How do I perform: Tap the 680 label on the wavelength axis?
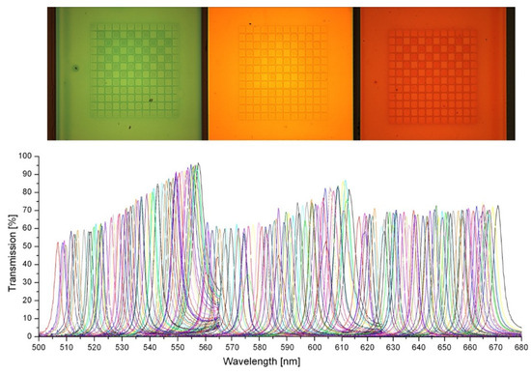[x=518, y=344]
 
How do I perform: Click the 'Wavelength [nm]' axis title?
[x=279, y=361]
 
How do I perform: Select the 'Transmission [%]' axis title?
[x=9, y=245]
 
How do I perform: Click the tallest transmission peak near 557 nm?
[x=198, y=164]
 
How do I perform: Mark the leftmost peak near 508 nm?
[x=65, y=242]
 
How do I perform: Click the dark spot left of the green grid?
[x=73, y=69]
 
